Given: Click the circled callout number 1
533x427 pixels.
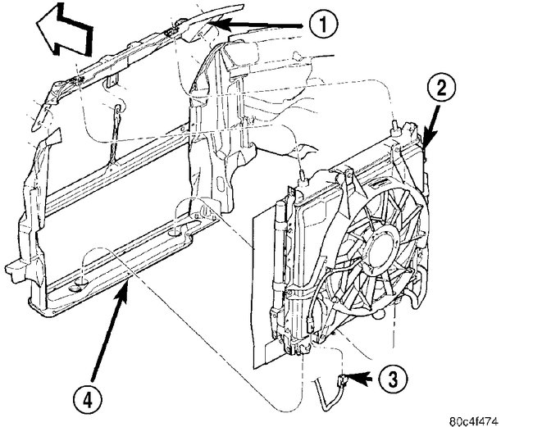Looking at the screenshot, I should (324, 26).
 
